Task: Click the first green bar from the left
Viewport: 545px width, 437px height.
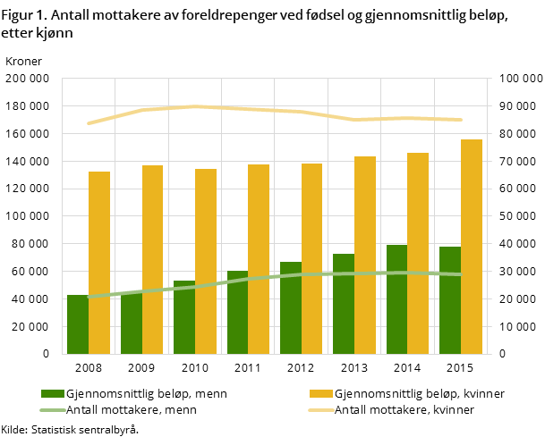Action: (78, 324)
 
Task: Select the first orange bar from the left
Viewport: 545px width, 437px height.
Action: (99, 263)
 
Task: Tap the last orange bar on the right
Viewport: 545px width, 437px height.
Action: (472, 247)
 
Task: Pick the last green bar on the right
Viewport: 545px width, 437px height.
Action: (450, 300)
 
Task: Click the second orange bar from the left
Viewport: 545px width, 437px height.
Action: (152, 259)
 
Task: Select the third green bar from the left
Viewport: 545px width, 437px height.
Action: (184, 317)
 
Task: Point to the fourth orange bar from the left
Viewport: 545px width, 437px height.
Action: (259, 259)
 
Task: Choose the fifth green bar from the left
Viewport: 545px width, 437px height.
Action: (291, 307)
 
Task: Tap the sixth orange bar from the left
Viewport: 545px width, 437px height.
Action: (365, 255)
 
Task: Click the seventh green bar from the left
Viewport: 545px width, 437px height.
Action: (397, 299)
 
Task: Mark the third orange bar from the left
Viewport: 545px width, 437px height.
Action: (206, 261)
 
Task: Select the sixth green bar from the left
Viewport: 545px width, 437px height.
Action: (344, 304)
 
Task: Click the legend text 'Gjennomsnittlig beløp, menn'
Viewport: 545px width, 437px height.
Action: (146, 394)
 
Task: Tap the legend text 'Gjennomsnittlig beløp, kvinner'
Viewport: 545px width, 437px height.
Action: (420, 394)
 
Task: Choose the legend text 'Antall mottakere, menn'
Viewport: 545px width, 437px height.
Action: (132, 410)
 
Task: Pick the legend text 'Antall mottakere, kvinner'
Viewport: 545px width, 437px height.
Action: (404, 410)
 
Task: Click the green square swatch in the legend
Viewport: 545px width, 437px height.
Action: (53, 394)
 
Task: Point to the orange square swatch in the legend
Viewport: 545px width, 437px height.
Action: (321, 394)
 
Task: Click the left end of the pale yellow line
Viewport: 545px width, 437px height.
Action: (88, 123)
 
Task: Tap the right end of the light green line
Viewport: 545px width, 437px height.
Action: (461, 274)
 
